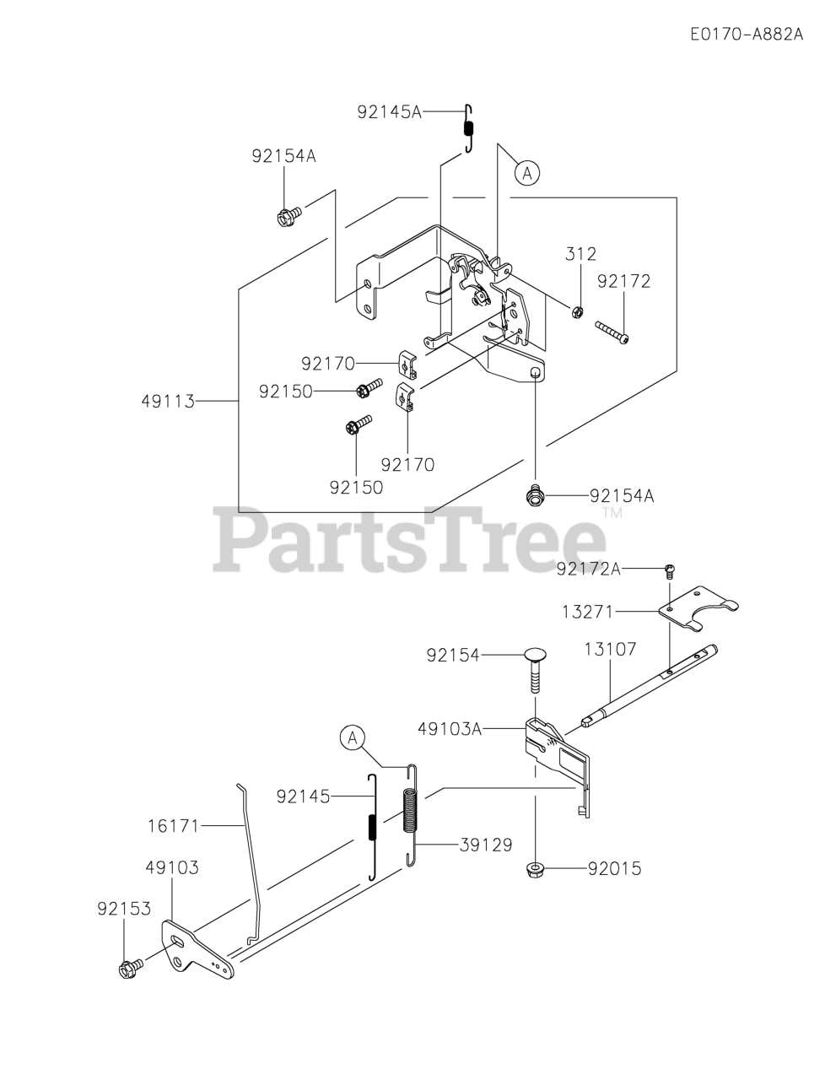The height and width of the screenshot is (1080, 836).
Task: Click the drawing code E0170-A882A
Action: click(x=746, y=35)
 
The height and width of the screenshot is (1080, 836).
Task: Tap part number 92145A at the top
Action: click(x=388, y=111)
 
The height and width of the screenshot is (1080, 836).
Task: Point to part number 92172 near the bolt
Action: click(x=623, y=281)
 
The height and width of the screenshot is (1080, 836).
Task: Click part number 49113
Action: click(x=168, y=402)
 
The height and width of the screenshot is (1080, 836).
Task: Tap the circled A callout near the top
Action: click(x=527, y=174)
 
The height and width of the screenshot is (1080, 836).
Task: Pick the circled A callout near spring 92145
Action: click(x=353, y=737)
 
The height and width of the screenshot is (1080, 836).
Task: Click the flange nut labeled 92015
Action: click(x=533, y=867)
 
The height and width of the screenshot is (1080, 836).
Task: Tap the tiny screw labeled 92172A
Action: click(x=669, y=570)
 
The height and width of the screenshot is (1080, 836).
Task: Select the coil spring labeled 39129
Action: click(x=410, y=814)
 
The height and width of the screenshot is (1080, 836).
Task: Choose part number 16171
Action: click(x=171, y=826)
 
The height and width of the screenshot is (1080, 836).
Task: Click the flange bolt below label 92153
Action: click(x=130, y=969)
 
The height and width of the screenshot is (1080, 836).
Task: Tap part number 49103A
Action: click(x=449, y=728)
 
